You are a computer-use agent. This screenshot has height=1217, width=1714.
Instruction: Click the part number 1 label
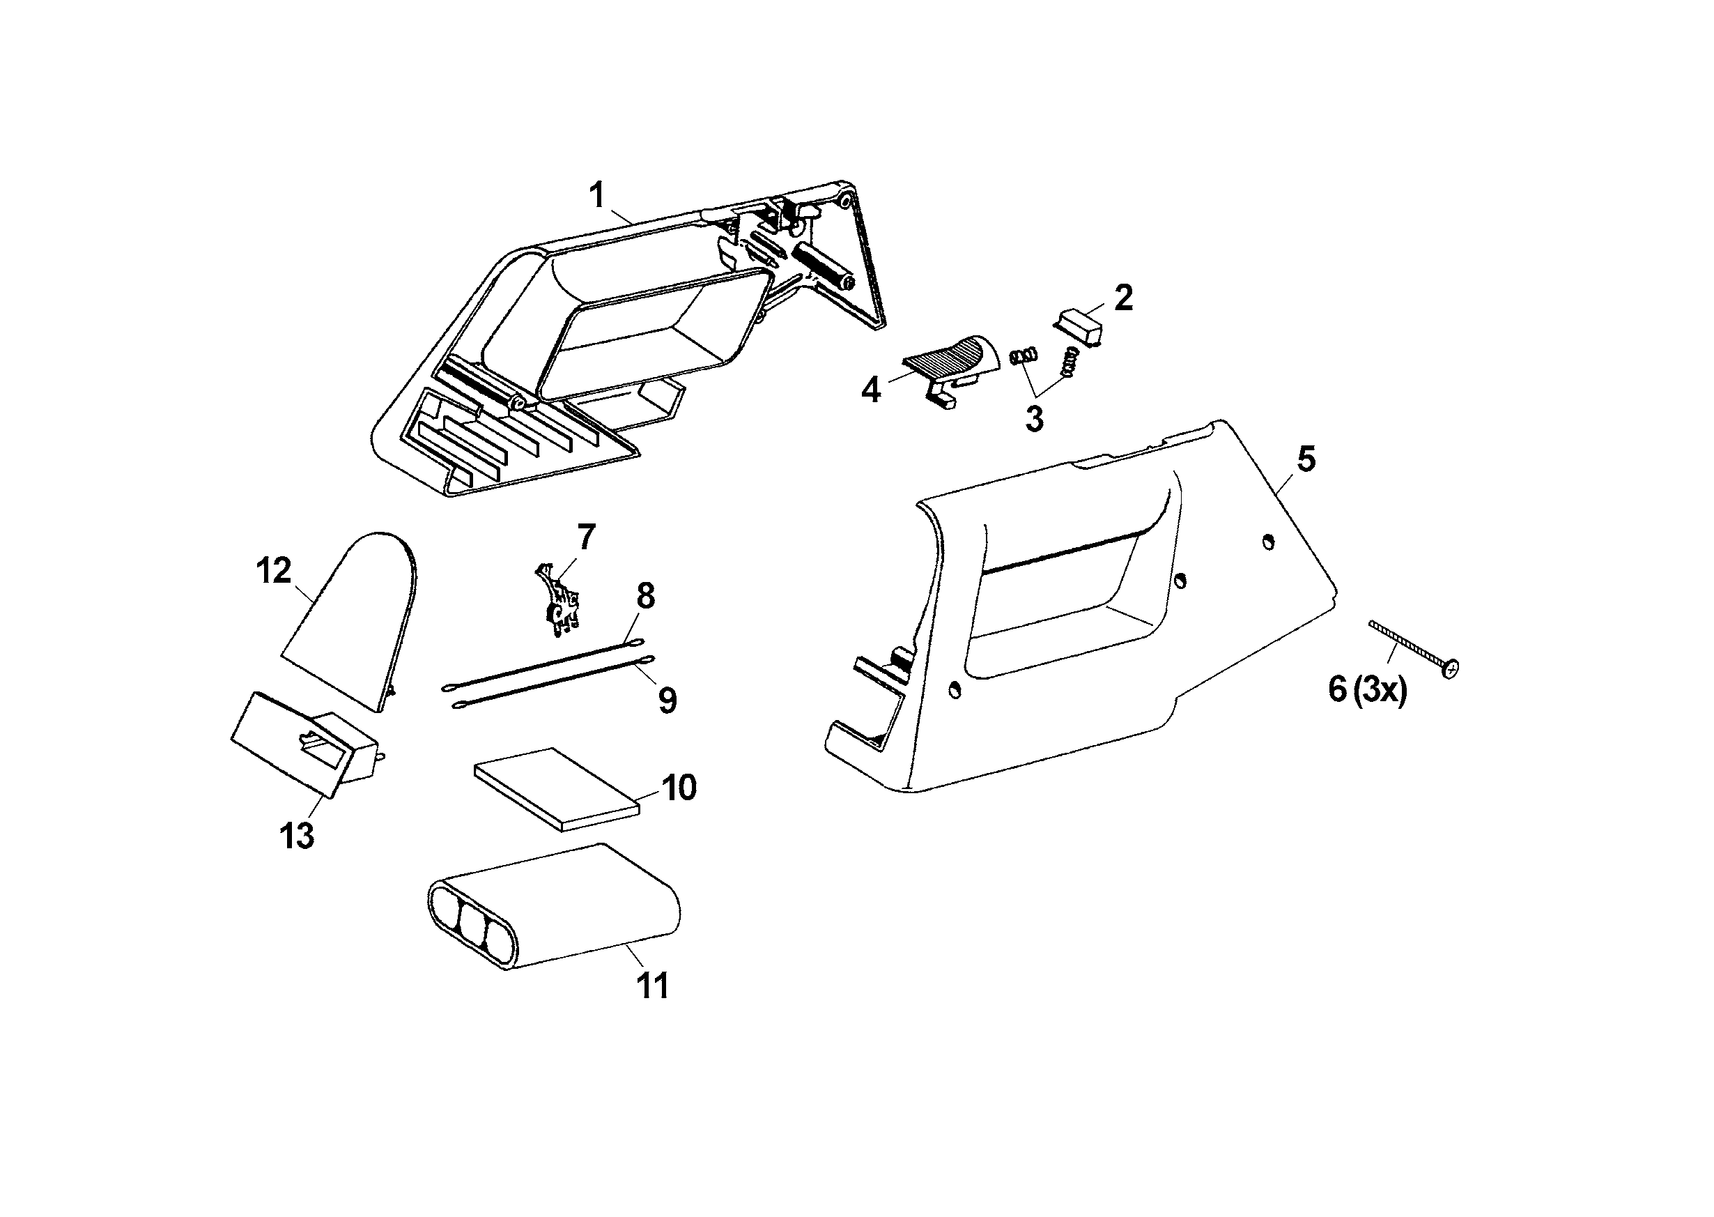coord(597,197)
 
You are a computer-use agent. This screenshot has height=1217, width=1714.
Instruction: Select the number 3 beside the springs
coord(1034,419)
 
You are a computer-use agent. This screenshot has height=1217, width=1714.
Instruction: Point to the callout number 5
coord(1306,459)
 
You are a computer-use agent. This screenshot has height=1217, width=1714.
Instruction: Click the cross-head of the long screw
coord(1451,666)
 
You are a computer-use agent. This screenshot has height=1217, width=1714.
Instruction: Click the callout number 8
coord(645,597)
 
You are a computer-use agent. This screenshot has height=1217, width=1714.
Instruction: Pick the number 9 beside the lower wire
coord(667,701)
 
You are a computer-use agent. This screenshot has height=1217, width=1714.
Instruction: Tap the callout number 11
coord(651,986)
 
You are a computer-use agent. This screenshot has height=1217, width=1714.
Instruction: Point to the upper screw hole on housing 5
coord(1267,540)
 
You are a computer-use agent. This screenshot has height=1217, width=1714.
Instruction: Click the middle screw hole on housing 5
coord(1180,581)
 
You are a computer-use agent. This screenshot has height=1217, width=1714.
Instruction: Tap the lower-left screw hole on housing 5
coord(955,689)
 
